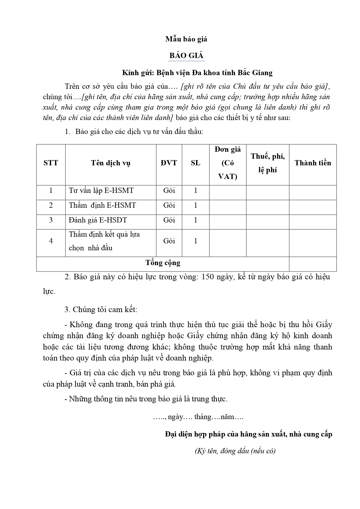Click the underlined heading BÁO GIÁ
point(186,56)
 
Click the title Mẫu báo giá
point(186,39)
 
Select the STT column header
point(51,163)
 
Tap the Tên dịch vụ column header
point(111,163)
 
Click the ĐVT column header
point(169,163)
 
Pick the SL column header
point(196,163)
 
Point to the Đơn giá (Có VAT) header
point(228,163)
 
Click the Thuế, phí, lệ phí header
point(267,163)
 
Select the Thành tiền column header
point(313,163)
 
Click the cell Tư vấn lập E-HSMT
point(101,191)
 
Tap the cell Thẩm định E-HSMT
point(102,205)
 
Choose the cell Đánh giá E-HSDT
point(98,220)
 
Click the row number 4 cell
point(51,241)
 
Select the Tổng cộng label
point(163,263)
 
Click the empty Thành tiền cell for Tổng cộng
point(313,264)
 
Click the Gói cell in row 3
point(169,220)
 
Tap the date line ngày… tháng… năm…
point(198,417)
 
